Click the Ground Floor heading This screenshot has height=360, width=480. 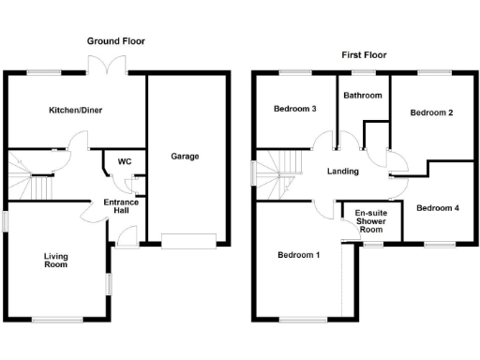click(x=115, y=41)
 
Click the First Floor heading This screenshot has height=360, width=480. click(x=363, y=55)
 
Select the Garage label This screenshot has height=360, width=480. click(x=185, y=156)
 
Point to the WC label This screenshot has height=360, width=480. click(x=124, y=162)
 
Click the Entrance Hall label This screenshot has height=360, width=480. click(x=121, y=207)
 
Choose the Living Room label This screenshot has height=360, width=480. click(x=56, y=260)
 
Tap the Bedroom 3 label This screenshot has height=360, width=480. click(x=294, y=110)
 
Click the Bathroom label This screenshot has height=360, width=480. click(x=362, y=96)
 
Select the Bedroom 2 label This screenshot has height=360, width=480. click(x=431, y=112)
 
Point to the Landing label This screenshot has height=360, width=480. click(x=343, y=172)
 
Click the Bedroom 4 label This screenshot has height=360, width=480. click(x=438, y=207)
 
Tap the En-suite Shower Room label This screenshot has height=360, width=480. click(x=372, y=221)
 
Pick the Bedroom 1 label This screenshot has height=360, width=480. click(x=298, y=255)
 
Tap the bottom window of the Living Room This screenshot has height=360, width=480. click(x=56, y=321)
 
